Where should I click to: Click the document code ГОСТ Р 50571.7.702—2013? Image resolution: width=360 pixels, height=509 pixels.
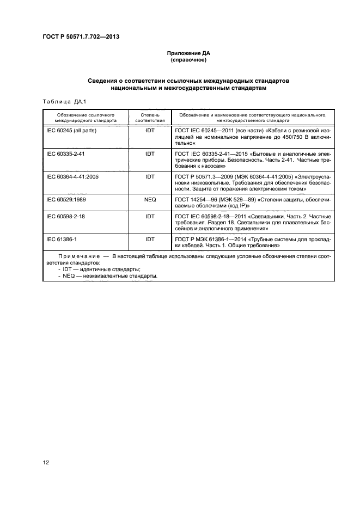81,36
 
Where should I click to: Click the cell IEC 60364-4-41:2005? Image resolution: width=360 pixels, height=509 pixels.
72,177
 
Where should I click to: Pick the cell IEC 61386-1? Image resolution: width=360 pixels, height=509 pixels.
60,239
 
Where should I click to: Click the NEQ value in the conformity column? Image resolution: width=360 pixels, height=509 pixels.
150,200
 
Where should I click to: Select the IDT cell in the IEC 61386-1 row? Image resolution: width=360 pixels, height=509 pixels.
150,239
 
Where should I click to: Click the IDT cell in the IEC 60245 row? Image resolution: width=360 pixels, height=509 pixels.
150,131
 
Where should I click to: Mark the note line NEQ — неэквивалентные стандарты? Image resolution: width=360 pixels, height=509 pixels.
107,275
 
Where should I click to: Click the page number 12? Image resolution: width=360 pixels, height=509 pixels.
46,463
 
